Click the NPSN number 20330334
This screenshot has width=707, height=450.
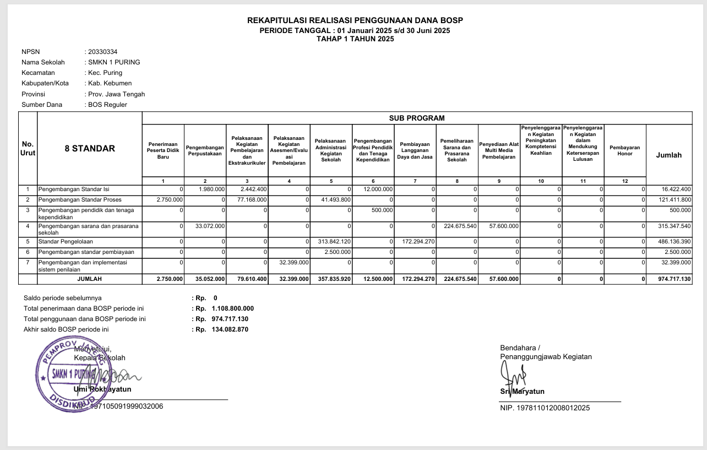pyautogui.click(x=102, y=52)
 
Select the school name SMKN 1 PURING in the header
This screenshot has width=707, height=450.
pyautogui.click(x=114, y=62)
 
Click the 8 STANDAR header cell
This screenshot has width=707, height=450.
pyautogui.click(x=90, y=148)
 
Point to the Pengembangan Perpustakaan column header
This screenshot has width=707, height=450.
pyautogui.click(x=205, y=150)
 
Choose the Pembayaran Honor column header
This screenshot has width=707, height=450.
pyautogui.click(x=624, y=150)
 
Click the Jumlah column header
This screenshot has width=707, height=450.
pyautogui.click(x=668, y=155)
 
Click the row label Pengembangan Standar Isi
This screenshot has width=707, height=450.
pyautogui.click(x=74, y=189)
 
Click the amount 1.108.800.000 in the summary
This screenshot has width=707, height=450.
pyautogui.click(x=232, y=308)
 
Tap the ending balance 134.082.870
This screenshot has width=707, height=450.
pyautogui.click(x=230, y=329)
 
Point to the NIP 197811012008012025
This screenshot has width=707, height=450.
pyautogui.click(x=545, y=408)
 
